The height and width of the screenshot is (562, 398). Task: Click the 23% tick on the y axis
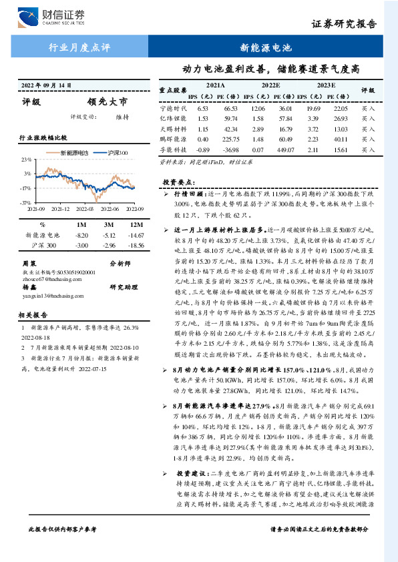tap(26, 161)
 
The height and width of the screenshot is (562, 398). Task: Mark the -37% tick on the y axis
tap(25, 202)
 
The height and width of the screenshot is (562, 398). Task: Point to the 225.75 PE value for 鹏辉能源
tap(231, 139)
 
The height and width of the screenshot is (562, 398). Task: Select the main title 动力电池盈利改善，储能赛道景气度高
tap(272, 68)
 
